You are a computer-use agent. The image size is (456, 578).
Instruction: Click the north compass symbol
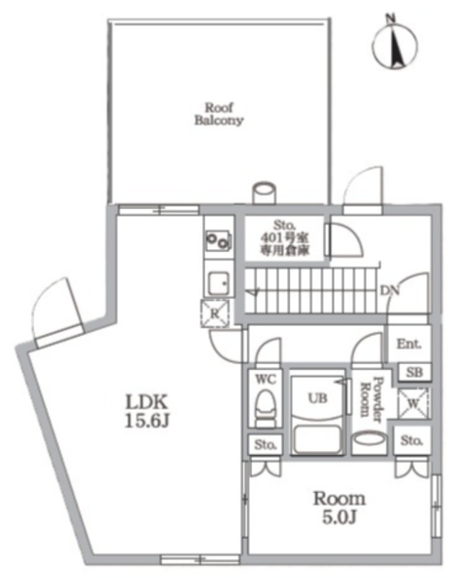tap(395, 43)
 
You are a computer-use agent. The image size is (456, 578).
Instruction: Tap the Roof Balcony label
tap(219, 114)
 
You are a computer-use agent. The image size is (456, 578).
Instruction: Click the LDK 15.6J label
tap(147, 411)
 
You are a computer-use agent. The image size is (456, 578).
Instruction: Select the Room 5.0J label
tap(339, 508)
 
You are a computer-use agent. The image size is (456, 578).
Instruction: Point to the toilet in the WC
tap(265, 408)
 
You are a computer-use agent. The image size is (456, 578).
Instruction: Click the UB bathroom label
tap(317, 398)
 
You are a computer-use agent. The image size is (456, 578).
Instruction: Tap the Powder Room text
tap(371, 400)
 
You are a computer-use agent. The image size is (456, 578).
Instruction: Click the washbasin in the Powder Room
tap(369, 441)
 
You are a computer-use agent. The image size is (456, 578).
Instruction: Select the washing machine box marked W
tap(413, 403)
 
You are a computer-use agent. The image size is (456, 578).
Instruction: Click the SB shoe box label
tap(414, 372)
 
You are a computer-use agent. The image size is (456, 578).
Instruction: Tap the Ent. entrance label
tap(408, 344)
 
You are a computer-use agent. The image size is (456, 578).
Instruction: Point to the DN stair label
tap(390, 291)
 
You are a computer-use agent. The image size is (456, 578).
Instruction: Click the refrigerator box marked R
tap(215, 314)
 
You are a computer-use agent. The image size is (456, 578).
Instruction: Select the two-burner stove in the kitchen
tap(218, 241)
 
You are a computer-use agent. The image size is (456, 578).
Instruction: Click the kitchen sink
tap(218, 283)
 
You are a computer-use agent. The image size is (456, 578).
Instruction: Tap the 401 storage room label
tap(285, 238)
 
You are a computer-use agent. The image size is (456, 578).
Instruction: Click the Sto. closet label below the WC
tap(265, 445)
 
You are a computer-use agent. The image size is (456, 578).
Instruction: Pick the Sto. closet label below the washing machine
tap(411, 440)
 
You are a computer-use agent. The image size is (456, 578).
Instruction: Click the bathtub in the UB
tap(318, 439)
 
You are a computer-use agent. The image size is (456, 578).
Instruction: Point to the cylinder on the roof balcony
tap(264, 192)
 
